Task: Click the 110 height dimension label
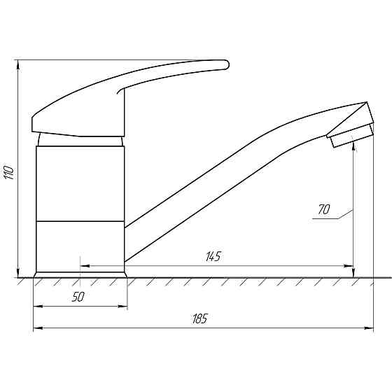(x=9, y=171)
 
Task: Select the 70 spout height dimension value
(x=324, y=209)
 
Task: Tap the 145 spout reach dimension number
(x=213, y=256)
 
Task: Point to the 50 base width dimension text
(x=78, y=297)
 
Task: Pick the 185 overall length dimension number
(x=200, y=318)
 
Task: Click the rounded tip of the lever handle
(x=227, y=64)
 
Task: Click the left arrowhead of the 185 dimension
(x=38, y=328)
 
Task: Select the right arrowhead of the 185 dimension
(x=369, y=328)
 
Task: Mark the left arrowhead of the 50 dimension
(x=38, y=306)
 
